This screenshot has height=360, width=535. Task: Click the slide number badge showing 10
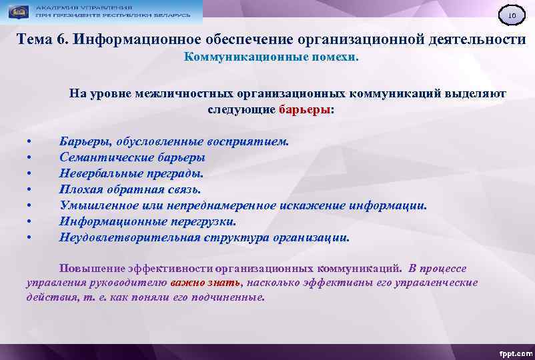tap(512, 15)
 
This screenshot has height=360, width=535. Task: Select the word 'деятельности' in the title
tap(477, 39)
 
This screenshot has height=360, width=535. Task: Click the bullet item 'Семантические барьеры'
tap(132, 157)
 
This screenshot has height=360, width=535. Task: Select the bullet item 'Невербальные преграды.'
tap(131, 173)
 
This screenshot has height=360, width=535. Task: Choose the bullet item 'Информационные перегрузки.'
tap(147, 221)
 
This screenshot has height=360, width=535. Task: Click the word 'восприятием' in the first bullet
tap(252, 141)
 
